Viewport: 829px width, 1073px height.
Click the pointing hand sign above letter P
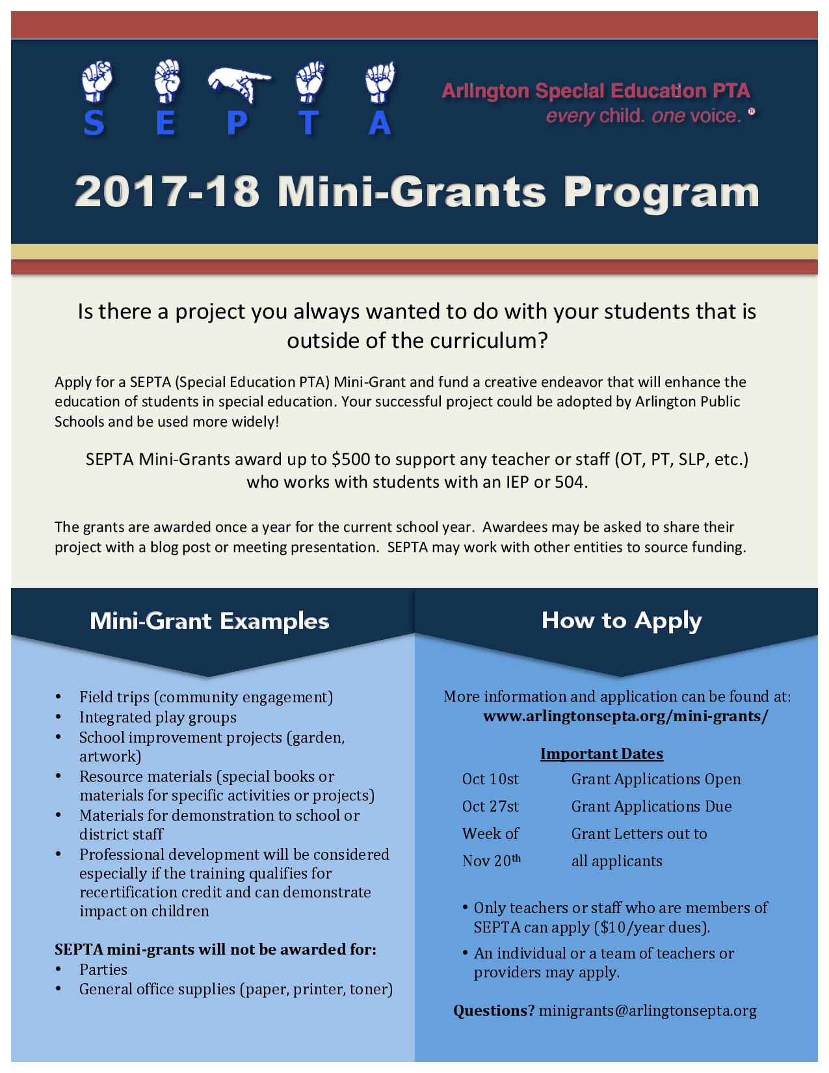238,81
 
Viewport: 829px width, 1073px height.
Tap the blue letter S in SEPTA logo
94,123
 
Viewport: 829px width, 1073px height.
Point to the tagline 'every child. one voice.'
644,116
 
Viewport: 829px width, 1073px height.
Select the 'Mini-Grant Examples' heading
209,621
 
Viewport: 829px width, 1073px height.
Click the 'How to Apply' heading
622,620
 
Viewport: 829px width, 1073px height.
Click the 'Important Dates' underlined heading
601,754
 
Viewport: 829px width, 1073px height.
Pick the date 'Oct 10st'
490,779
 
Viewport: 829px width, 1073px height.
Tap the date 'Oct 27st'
490,806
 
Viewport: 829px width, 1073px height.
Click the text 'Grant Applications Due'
651,806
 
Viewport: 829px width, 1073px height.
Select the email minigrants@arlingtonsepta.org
648,1011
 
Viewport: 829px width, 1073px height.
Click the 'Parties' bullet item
103,970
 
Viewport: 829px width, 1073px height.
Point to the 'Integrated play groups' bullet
158,717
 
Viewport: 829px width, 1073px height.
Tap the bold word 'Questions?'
493,1011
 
